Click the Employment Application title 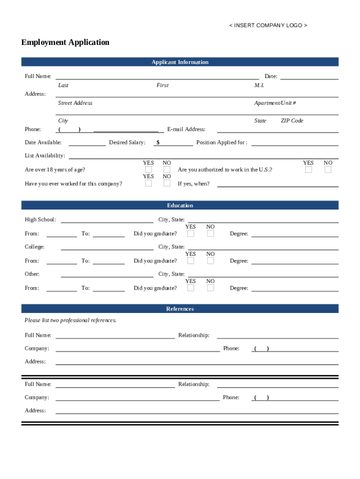(65, 43)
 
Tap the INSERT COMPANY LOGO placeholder (268, 25)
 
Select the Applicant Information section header (180, 62)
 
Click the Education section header (180, 206)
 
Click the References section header (180, 309)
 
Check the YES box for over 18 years (148, 169)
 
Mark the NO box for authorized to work (328, 169)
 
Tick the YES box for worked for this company (148, 183)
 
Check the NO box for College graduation (210, 261)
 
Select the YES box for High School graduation (191, 233)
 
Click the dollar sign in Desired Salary (158, 143)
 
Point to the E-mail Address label (186, 130)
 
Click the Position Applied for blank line (295, 145)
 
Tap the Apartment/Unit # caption (275, 103)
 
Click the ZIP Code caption (292, 121)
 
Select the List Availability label (45, 156)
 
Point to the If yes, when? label (194, 184)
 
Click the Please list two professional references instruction (71, 320)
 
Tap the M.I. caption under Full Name (259, 86)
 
